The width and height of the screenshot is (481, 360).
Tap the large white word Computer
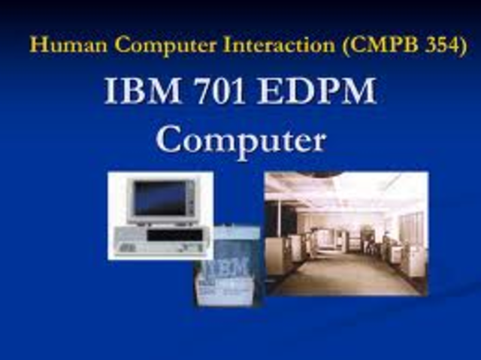[241, 140]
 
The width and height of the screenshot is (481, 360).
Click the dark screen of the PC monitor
[159, 197]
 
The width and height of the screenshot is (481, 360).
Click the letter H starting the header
[36, 44]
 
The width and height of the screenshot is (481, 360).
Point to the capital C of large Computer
[171, 140]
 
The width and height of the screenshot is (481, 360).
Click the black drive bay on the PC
[174, 235]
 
